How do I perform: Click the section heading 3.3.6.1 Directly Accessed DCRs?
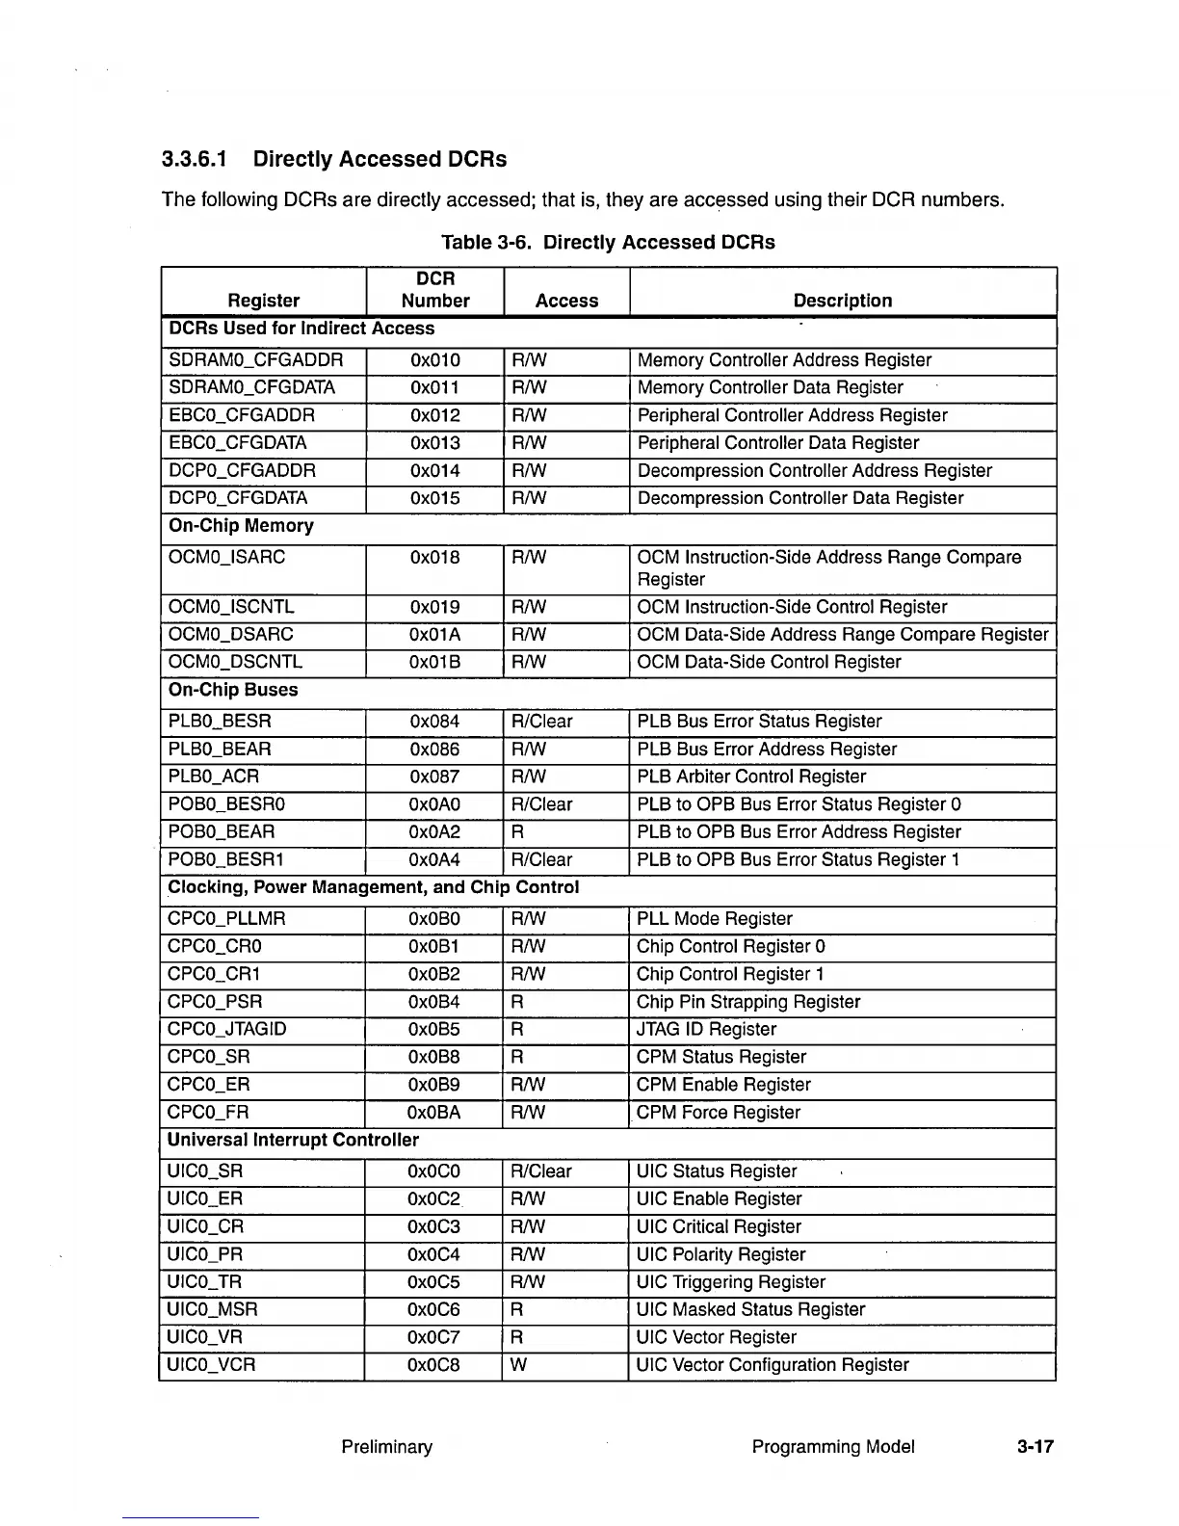[x=333, y=159]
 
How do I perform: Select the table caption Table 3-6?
[x=607, y=242]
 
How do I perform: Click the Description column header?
[x=842, y=301]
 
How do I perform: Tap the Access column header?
[x=566, y=301]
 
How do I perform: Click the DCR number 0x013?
[x=434, y=443]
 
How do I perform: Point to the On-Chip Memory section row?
[x=241, y=526]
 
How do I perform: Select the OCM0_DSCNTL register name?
[x=235, y=662]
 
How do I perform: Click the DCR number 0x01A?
[x=434, y=635]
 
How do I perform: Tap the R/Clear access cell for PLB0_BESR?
[x=541, y=722]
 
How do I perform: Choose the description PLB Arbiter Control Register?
[x=751, y=776]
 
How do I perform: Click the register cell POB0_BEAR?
[x=221, y=831]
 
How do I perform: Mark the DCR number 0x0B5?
[x=434, y=1029]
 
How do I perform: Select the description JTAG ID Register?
[x=706, y=1029]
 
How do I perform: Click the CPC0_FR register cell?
[x=208, y=1113]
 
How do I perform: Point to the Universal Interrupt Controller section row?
[x=293, y=1141]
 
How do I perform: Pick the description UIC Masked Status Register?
[x=751, y=1309]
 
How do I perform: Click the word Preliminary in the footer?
[x=386, y=1447]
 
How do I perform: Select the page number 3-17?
[x=1035, y=1447]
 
